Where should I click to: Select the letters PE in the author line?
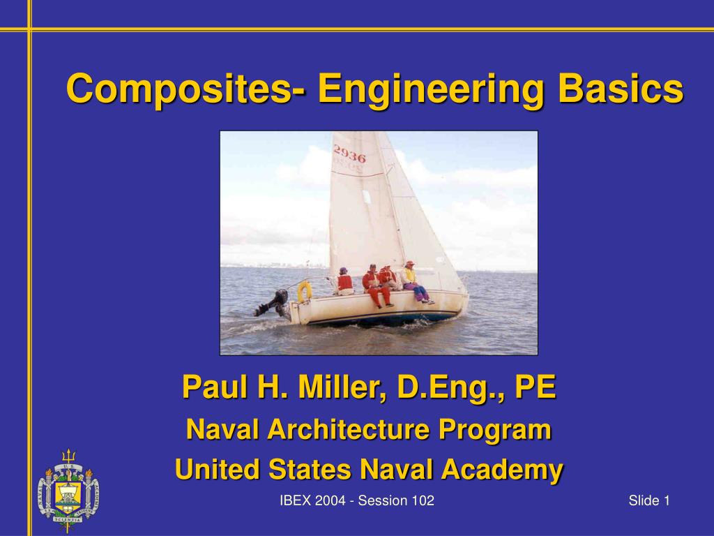coord(535,387)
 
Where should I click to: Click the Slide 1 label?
coord(648,500)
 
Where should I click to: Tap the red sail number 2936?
coord(349,153)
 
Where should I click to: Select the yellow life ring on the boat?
coord(305,292)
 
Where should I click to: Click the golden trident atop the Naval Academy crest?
coord(68,456)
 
